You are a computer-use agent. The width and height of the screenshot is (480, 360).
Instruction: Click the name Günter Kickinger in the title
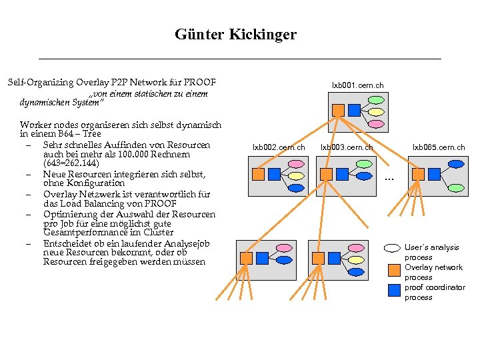[235, 34]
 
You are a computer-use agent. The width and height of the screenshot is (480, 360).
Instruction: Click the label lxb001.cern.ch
[358, 85]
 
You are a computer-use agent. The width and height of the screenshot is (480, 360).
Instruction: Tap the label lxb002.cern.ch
[279, 147]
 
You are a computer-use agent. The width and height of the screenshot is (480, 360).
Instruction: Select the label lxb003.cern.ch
[347, 147]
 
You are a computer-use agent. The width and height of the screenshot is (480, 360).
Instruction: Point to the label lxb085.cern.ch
[437, 147]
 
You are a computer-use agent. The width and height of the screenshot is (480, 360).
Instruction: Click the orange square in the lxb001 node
[338, 110]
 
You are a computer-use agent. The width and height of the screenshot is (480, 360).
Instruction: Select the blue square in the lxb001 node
[355, 110]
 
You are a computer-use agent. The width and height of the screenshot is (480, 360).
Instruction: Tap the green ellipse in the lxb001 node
[377, 100]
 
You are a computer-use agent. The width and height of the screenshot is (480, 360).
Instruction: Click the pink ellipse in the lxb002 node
[297, 164]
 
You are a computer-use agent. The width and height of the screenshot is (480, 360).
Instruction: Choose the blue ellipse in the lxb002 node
[297, 187]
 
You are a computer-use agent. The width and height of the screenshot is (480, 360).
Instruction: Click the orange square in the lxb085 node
[418, 174]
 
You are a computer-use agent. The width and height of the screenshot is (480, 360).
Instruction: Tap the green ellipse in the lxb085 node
[456, 187]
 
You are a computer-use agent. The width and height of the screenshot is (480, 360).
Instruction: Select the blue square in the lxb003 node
[342, 174]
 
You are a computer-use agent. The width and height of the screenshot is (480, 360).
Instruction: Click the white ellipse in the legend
[393, 248]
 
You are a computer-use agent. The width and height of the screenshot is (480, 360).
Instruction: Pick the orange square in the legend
[393, 270]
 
